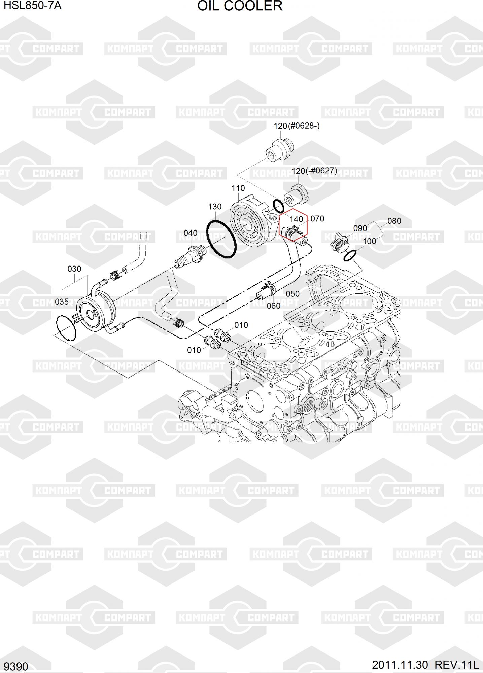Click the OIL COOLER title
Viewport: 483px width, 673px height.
point(240,6)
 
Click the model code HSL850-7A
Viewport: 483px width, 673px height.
point(33,5)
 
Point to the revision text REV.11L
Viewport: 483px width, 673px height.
point(456,665)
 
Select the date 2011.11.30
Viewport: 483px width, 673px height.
point(400,665)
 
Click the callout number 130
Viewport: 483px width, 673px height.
point(215,207)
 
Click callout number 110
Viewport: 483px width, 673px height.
point(238,188)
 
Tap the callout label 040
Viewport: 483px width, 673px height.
point(191,233)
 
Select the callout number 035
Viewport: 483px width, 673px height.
point(62,302)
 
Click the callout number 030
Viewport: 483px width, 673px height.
point(74,269)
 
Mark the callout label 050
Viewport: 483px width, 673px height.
point(292,294)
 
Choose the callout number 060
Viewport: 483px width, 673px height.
point(273,306)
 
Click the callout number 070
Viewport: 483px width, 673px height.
point(317,218)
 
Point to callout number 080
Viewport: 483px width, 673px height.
point(394,221)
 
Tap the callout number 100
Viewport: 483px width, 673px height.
point(369,241)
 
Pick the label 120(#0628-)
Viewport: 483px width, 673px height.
point(297,126)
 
